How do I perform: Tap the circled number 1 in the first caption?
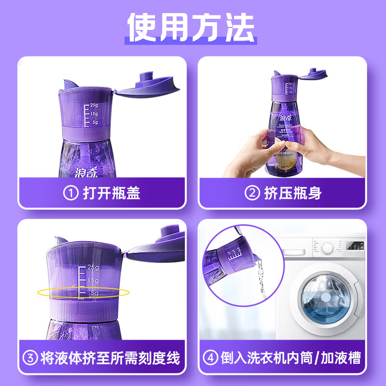[x=70, y=193]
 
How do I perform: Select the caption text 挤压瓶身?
[x=293, y=193]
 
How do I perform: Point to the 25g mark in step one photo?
[x=93, y=105]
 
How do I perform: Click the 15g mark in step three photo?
[x=93, y=280]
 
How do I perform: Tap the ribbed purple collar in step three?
[x=82, y=313]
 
